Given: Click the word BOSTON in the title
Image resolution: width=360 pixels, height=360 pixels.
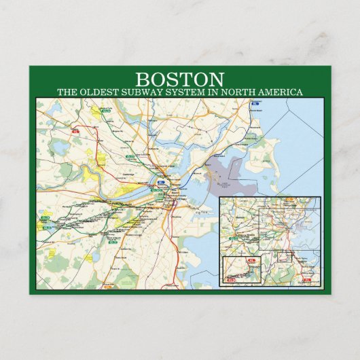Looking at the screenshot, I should point(179,79).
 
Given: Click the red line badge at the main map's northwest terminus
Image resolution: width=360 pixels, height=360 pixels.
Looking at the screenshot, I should point(75,129).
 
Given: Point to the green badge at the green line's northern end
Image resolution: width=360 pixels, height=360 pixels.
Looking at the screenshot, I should point(105,109).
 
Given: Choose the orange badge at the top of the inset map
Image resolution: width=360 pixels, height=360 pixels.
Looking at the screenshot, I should point(290,200).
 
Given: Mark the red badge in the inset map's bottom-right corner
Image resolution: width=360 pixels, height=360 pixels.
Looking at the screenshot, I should point(307,279).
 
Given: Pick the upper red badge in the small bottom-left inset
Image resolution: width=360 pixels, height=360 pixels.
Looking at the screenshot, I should point(252,260).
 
